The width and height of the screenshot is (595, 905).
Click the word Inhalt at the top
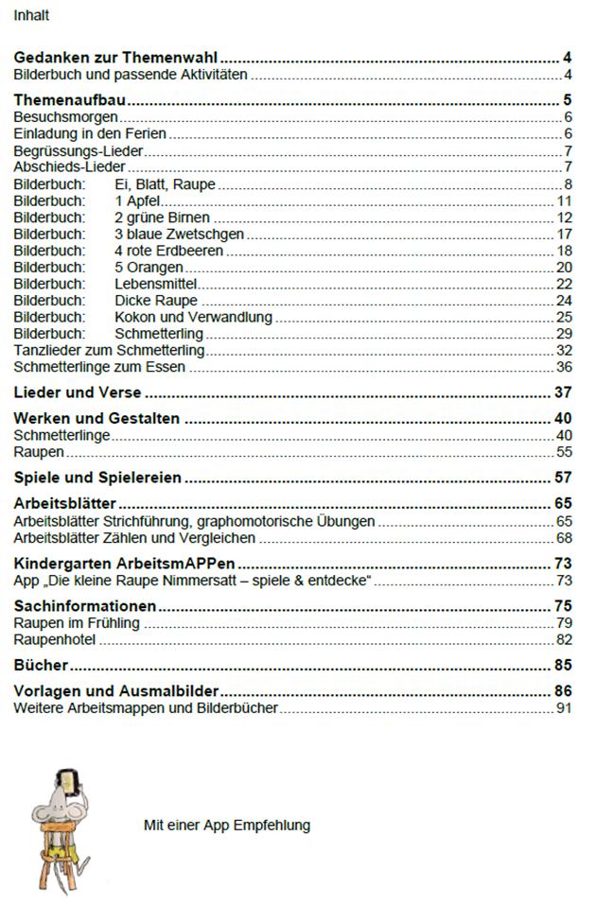(31, 15)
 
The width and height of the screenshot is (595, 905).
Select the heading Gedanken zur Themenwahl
(123, 58)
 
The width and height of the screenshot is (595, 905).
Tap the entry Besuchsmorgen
(65, 116)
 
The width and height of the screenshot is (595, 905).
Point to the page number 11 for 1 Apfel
(565, 200)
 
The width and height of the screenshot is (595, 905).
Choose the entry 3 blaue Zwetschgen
(179, 234)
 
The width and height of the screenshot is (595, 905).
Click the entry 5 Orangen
(149, 268)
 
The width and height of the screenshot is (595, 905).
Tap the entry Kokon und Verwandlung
(193, 317)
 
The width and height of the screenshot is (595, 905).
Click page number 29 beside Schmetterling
(565, 334)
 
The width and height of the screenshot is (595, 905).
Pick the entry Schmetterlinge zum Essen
(99, 367)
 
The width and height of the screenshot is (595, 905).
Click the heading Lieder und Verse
(78, 392)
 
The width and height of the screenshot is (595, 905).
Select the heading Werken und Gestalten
(96, 418)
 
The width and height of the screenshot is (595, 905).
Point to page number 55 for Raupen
(565, 452)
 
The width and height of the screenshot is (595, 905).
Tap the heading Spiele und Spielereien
(98, 478)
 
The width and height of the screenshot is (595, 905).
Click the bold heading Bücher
(41, 665)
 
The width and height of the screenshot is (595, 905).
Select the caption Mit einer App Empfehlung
(227, 825)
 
